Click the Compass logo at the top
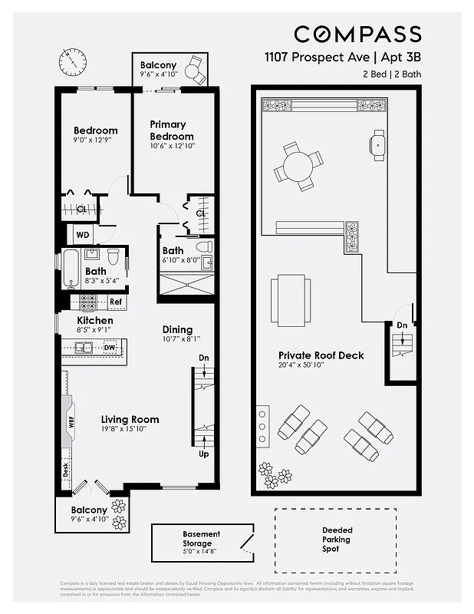tap(357, 34)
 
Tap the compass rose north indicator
tap(73, 59)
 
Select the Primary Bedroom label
tap(170, 130)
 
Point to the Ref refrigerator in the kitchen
tap(115, 302)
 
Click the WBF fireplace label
tap(71, 421)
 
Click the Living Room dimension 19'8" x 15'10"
tap(130, 429)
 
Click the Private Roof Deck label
tap(321, 355)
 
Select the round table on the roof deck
tap(298, 165)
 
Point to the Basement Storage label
tap(201, 540)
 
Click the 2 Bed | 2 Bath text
tap(391, 74)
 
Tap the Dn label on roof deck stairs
tap(402, 325)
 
